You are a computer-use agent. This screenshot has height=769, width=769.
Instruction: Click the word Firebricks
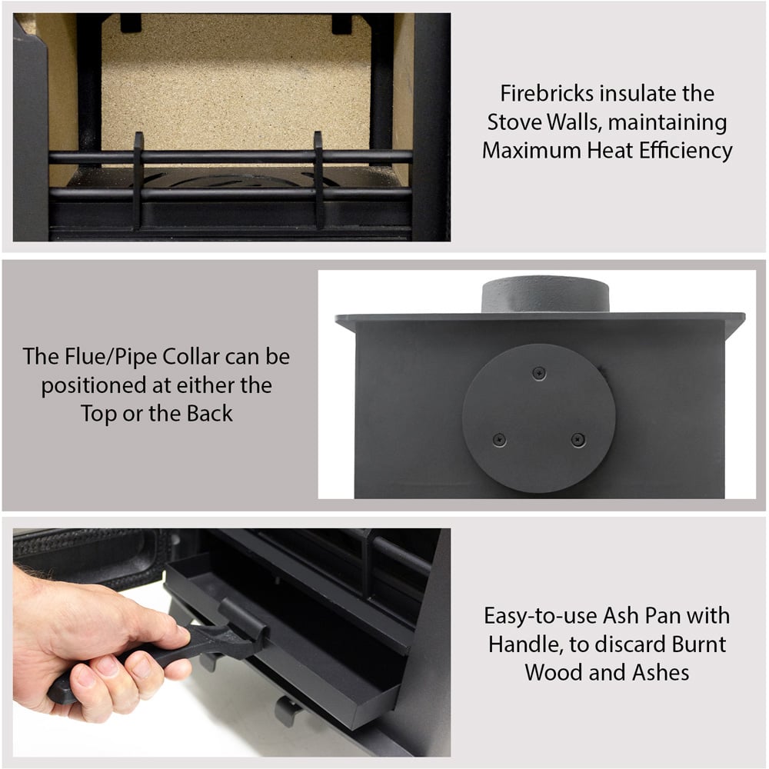click(546, 93)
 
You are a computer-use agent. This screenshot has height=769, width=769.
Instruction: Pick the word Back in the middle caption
click(209, 414)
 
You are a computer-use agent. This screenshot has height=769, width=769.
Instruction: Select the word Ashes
click(661, 672)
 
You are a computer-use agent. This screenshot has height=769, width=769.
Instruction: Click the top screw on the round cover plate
click(539, 373)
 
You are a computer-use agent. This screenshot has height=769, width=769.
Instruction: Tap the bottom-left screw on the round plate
click(499, 439)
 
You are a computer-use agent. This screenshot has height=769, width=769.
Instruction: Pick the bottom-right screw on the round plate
click(578, 439)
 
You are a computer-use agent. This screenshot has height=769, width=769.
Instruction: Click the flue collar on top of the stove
click(545, 295)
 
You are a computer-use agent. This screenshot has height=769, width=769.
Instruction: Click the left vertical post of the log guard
click(138, 180)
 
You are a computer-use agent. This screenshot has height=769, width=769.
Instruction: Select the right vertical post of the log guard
click(319, 180)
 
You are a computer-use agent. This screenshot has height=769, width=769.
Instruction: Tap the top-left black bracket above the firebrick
click(131, 23)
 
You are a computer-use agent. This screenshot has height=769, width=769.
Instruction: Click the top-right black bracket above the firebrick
click(342, 24)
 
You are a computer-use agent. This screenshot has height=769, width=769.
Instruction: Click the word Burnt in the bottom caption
click(699, 644)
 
